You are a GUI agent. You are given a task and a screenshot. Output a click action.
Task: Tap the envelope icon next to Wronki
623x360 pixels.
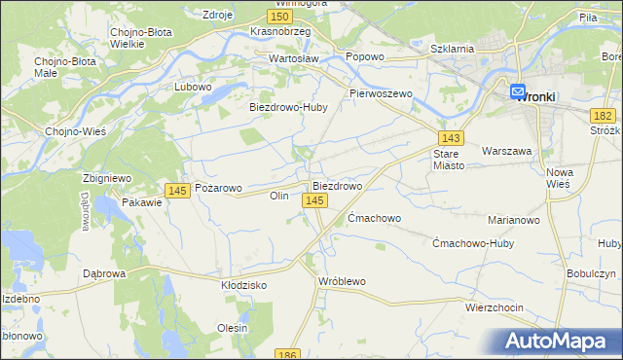[517, 91]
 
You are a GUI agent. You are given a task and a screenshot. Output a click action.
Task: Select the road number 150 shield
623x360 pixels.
[280, 18]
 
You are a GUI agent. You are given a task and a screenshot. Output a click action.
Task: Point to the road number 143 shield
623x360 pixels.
[450, 139]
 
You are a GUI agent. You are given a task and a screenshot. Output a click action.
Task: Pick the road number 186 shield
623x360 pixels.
[286, 355]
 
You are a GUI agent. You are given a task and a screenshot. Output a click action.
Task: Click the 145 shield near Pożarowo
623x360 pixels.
[177, 191]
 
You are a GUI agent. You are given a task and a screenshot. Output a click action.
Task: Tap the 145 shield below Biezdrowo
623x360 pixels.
[313, 200]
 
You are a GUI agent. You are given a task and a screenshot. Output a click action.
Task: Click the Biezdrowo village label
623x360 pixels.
[337, 185]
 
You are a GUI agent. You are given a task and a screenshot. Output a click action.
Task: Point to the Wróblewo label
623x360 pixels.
[342, 281]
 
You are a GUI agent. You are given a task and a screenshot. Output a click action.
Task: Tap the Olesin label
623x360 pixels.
[233, 328]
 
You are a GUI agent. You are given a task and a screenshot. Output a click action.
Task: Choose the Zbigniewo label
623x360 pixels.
[107, 179]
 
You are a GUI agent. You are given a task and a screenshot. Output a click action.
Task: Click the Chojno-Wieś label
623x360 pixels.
[69, 131]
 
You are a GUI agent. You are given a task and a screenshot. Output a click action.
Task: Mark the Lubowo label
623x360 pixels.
[193, 87]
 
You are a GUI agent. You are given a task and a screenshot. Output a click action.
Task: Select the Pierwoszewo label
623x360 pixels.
[382, 93]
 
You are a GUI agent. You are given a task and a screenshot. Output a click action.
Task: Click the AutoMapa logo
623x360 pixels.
[559, 341]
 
